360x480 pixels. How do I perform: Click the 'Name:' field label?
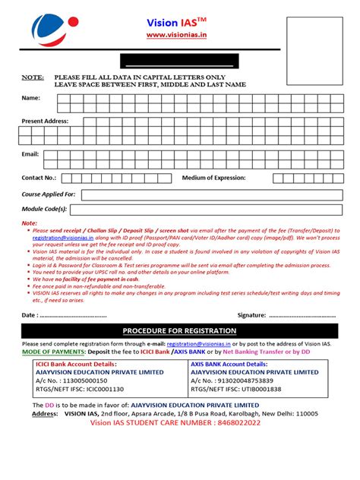click(x=31, y=98)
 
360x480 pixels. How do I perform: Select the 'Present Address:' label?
click(x=45, y=121)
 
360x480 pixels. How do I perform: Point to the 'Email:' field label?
click(x=30, y=154)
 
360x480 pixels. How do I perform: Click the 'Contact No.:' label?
click(x=39, y=178)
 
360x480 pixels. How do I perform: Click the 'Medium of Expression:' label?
click(x=213, y=178)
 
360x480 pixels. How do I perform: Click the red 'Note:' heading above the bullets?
click(x=29, y=223)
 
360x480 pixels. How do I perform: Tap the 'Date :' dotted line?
click(x=73, y=314)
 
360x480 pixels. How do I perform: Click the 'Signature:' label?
click(x=251, y=314)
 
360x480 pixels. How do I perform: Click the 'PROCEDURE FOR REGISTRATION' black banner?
click(x=180, y=332)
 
